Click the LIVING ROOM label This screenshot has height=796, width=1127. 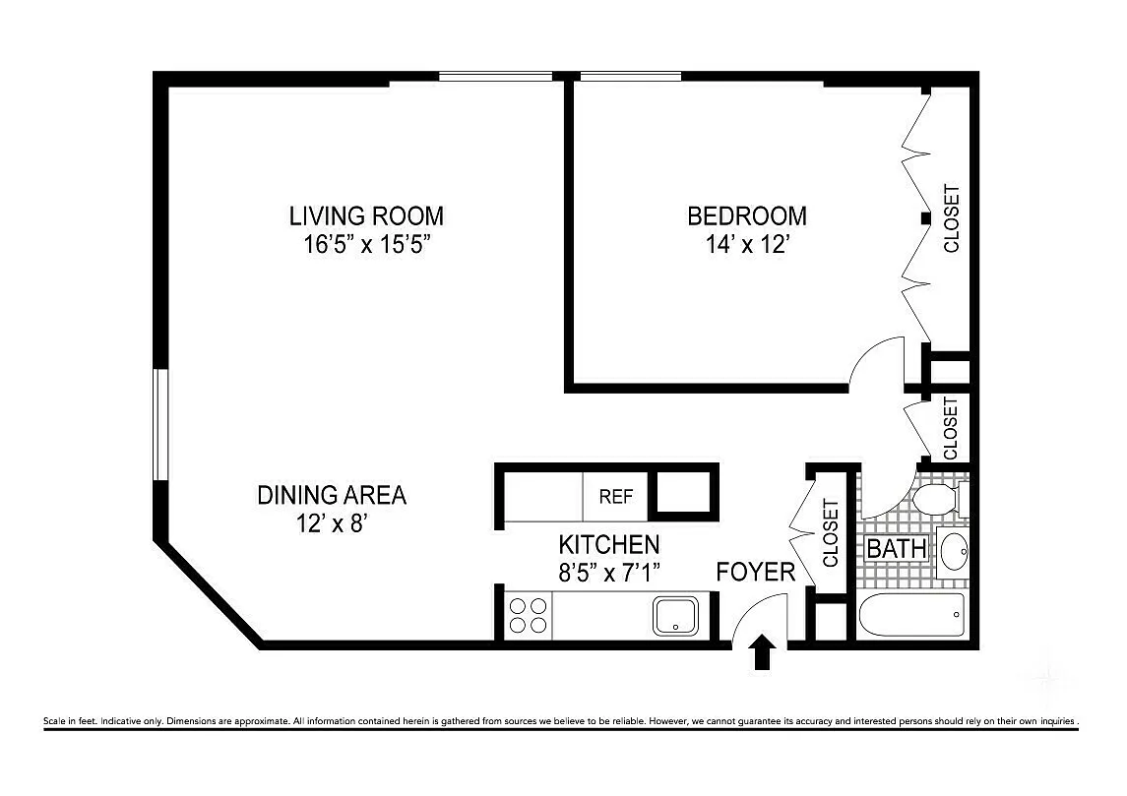pos(366,215)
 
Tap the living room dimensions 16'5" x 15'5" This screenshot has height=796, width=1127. pos(366,244)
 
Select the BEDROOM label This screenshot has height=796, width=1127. pos(747,215)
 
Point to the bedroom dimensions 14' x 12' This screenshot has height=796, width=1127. pos(748,244)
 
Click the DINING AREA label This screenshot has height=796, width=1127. pos(332,495)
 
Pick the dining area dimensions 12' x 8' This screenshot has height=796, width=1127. pos(332,523)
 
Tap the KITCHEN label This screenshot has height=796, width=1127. pos(609,544)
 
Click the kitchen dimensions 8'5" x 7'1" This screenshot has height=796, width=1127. pos(609,573)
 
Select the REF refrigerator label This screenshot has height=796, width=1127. pos(616,497)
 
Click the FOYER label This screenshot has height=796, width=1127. pos(756,572)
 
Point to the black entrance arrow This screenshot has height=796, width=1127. pos(763,651)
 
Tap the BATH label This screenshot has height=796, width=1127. pos(897,549)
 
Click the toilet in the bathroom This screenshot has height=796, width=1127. pos(940,499)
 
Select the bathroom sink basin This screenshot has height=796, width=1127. pos(954,552)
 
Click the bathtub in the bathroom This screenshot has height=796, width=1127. pos(911,615)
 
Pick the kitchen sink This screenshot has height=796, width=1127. pos(675,616)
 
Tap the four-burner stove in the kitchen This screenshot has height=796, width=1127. pos(528,616)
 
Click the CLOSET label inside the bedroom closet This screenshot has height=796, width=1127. pos(951,219)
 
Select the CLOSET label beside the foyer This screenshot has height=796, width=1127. pos(830,533)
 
